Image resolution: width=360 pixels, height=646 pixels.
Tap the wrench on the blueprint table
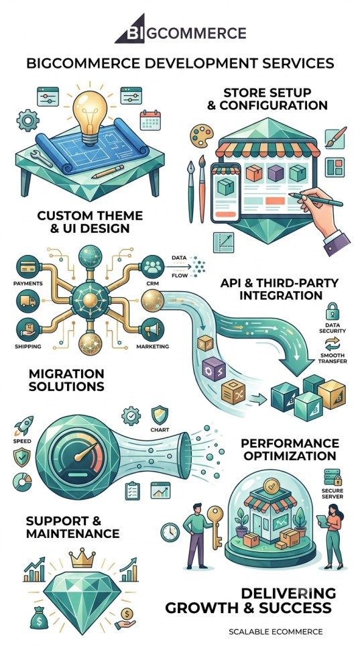click(x=41, y=158)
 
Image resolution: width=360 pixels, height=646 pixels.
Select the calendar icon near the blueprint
click(x=150, y=120)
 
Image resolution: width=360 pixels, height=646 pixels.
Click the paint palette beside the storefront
click(x=201, y=136)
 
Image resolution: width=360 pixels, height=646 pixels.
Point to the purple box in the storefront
click(x=276, y=173)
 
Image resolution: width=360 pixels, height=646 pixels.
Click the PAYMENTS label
click(x=28, y=284)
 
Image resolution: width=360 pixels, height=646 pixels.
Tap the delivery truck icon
click(x=27, y=302)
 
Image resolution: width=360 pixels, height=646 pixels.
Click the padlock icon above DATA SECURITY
click(x=332, y=311)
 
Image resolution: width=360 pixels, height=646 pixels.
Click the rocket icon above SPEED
click(x=23, y=426)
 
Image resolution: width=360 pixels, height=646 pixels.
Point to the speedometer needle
click(x=85, y=451)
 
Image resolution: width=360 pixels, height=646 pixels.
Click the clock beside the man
click(x=170, y=532)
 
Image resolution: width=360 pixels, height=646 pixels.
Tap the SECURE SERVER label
click(x=332, y=493)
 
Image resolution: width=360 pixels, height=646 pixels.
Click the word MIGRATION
click(x=66, y=374)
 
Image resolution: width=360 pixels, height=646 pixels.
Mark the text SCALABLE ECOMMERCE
click(x=276, y=631)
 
